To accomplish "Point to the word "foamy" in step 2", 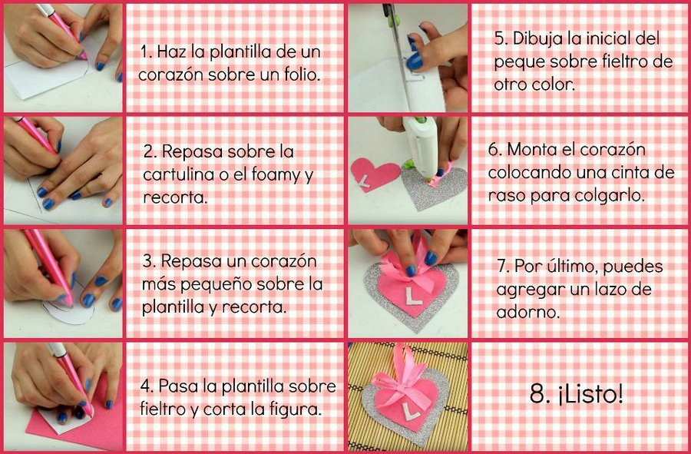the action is (276, 176).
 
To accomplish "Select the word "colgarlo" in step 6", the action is (614, 196).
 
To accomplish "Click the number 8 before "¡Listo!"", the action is (537, 395).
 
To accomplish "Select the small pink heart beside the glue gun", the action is (374, 174).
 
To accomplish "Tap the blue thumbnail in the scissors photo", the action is (415, 61).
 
